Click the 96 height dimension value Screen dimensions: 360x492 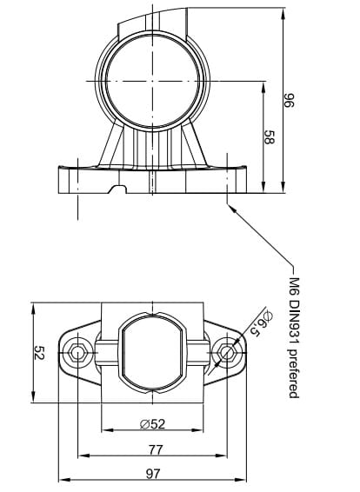[x=289, y=100]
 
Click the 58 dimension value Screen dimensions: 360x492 [x=269, y=137]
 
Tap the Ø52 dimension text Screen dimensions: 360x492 [x=152, y=424]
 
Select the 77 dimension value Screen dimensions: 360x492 [x=156, y=450]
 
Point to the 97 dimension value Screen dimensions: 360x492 [x=153, y=474]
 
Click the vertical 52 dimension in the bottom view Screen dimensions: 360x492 [x=39, y=353]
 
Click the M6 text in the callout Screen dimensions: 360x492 [x=294, y=286]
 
